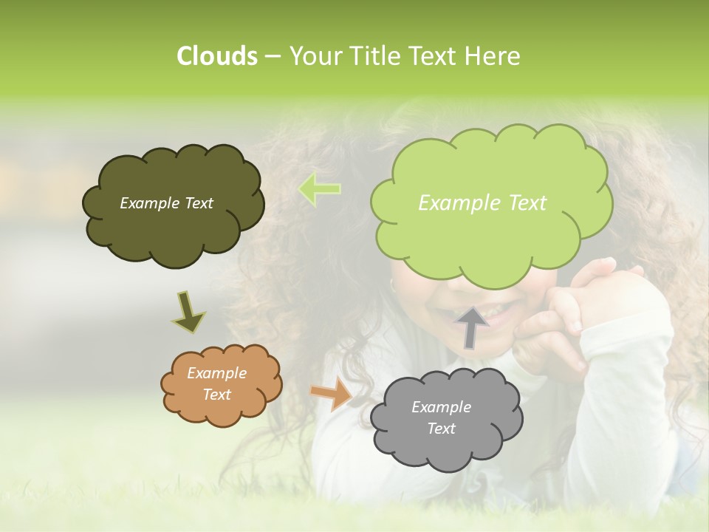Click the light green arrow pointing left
coord(319,188)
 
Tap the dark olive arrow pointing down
coord(188,311)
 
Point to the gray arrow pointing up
coord(472,327)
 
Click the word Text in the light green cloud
coord(523,203)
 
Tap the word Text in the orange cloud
coord(217,395)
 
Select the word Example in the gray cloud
coord(441,407)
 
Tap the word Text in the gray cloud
coord(441,429)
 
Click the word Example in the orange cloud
coord(217,373)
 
